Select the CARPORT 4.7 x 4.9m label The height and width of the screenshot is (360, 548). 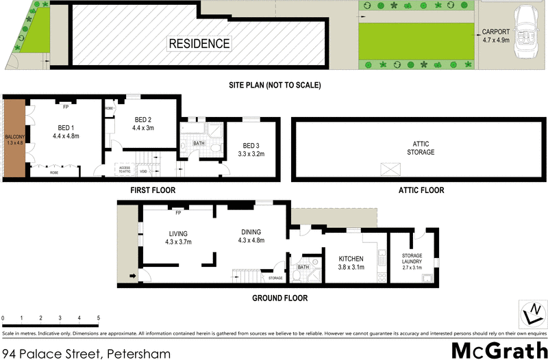point(495,36)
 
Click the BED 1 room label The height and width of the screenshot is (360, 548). point(66,131)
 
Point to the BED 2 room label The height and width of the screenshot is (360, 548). point(143,123)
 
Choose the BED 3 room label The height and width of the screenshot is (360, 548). point(251,150)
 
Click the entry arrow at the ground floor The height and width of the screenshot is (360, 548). point(132,277)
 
